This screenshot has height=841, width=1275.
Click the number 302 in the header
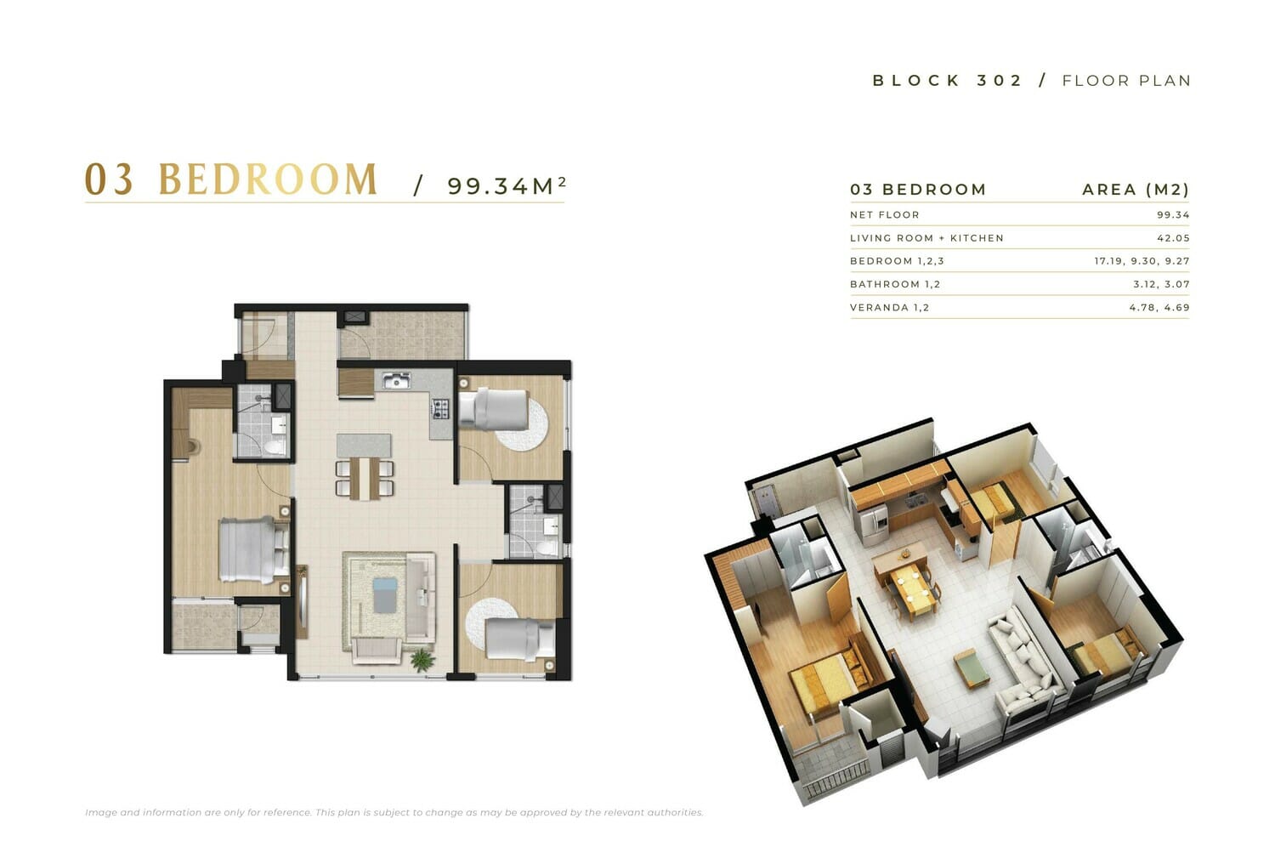1000,81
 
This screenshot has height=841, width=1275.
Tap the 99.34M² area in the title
507,185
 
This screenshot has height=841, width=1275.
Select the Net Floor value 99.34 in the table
1173,214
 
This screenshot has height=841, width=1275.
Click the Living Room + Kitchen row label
926,238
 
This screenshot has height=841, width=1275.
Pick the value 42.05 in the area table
1173,238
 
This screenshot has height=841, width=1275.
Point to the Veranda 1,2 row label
889,308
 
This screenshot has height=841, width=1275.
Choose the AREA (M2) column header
1136,190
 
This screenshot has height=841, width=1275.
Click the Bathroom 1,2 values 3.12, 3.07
1161,284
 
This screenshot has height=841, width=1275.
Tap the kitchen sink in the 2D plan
397,380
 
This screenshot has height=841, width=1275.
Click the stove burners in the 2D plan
441,408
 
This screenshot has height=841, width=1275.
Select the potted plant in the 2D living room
422,660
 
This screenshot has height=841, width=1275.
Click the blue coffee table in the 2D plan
384,594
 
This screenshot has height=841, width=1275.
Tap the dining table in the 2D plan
365,478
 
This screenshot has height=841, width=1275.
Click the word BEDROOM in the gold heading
268,179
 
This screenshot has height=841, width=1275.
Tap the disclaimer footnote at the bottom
394,813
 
